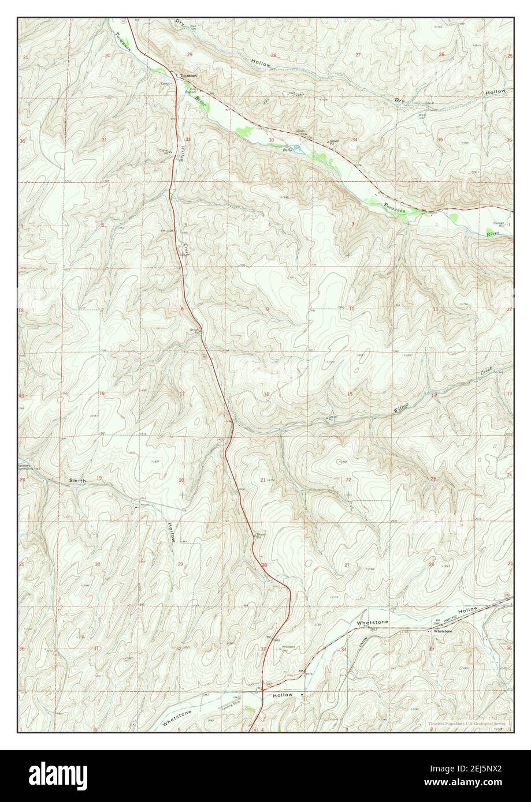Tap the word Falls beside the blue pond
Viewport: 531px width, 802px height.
click(x=287, y=149)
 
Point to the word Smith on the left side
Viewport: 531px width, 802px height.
click(x=77, y=480)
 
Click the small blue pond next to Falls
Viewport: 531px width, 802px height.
click(x=298, y=148)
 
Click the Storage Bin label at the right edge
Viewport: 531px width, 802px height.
click(x=499, y=224)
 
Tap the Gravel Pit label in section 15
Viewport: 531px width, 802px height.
click(x=332, y=417)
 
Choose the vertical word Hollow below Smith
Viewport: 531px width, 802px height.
click(x=172, y=531)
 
